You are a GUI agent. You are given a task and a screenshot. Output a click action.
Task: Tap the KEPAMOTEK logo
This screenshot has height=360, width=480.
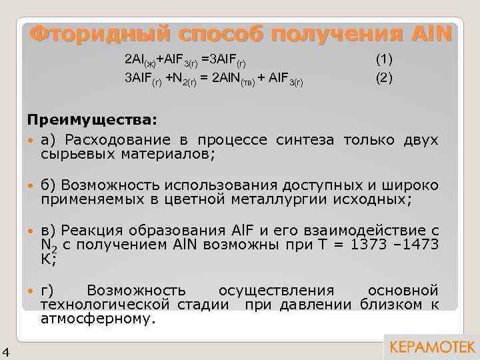click(431, 347)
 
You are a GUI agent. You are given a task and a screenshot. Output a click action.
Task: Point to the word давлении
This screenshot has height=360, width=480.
click(323, 305)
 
